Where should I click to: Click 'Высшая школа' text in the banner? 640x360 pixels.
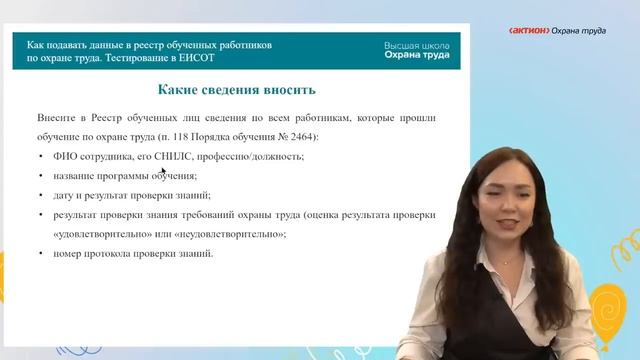pyautogui.click(x=416, y=46)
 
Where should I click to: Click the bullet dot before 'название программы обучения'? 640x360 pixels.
pyautogui.click(x=41, y=175)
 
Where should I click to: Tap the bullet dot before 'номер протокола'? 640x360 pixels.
pyautogui.click(x=41, y=253)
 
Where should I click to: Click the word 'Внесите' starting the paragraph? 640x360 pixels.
pyautogui.click(x=57, y=118)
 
